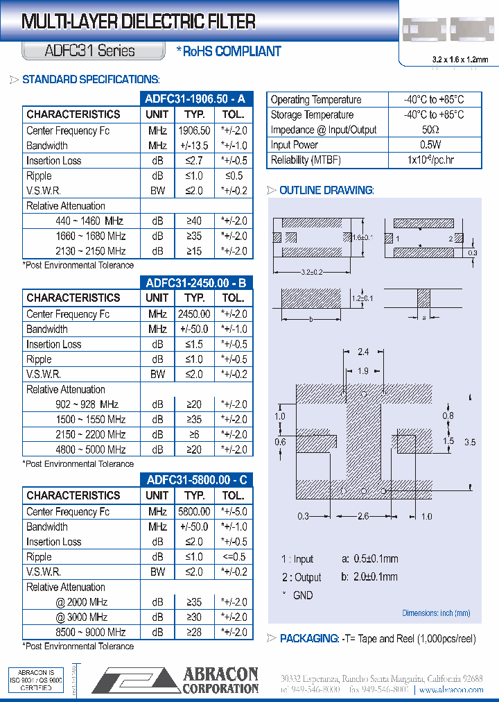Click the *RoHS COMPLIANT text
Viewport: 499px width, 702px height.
click(x=229, y=51)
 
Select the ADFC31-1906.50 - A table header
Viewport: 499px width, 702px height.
click(x=196, y=99)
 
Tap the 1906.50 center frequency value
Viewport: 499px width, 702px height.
click(x=194, y=130)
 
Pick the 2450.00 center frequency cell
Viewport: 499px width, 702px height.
click(x=194, y=314)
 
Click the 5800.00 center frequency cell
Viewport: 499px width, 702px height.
click(x=194, y=512)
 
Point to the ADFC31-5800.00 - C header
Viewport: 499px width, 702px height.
click(x=196, y=479)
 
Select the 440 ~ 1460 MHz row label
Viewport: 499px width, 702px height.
click(x=89, y=221)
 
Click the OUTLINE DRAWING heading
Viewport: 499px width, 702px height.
click(x=326, y=190)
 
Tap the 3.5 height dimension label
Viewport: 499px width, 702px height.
click(x=471, y=442)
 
